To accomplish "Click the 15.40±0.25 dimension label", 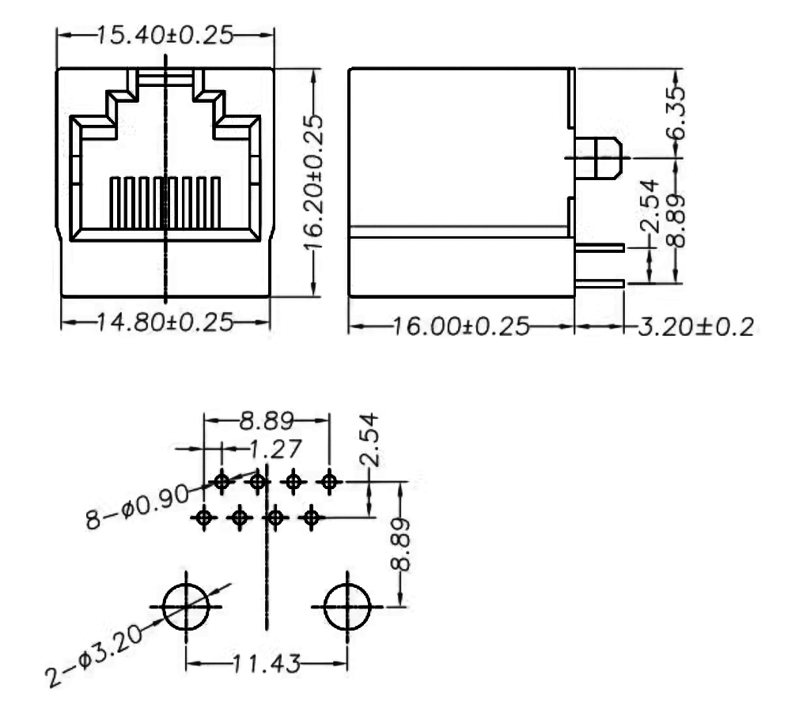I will click(165, 36).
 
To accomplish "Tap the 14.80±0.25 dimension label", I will click(165, 322).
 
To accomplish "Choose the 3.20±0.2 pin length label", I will click(694, 326).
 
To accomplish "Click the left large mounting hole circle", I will click(186, 607).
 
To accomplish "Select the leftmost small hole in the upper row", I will click(222, 480).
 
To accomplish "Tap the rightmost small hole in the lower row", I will click(312, 518).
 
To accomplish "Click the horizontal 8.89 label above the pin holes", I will click(267, 420).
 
